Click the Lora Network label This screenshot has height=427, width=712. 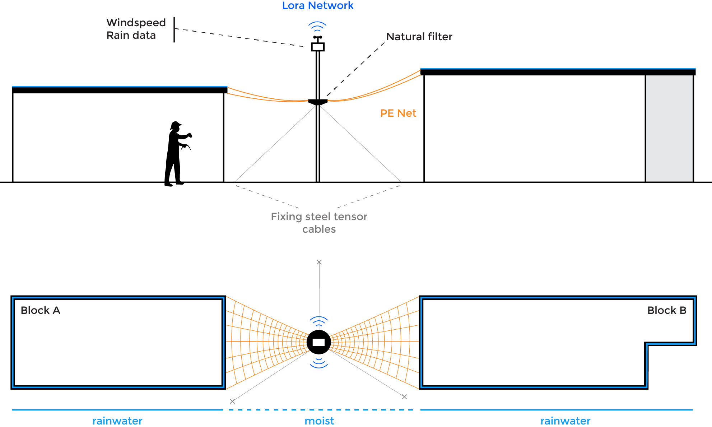pyautogui.click(x=318, y=6)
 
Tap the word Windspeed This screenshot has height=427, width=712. pyautogui.click(x=136, y=23)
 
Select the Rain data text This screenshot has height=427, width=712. pyautogui.click(x=131, y=35)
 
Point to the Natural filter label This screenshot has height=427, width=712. pyautogui.click(x=419, y=37)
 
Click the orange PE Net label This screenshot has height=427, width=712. pyautogui.click(x=398, y=113)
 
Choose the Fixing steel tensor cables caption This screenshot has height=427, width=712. pyautogui.click(x=319, y=223)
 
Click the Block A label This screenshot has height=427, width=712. pyautogui.click(x=40, y=310)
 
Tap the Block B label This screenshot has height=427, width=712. pyautogui.click(x=667, y=310)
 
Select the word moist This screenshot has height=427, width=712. pyautogui.click(x=319, y=421)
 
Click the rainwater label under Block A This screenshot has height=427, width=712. pyautogui.click(x=117, y=421)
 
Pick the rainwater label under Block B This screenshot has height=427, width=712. pyautogui.click(x=565, y=421)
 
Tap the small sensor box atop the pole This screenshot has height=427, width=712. pyautogui.click(x=318, y=47)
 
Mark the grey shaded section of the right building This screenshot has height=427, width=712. pyautogui.click(x=669, y=128)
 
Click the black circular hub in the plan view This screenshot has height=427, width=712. pyautogui.click(x=318, y=342)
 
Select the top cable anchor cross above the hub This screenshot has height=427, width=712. pyautogui.click(x=319, y=262)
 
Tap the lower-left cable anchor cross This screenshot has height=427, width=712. pyautogui.click(x=232, y=401)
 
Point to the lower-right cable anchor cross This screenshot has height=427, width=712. pyautogui.click(x=404, y=397)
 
